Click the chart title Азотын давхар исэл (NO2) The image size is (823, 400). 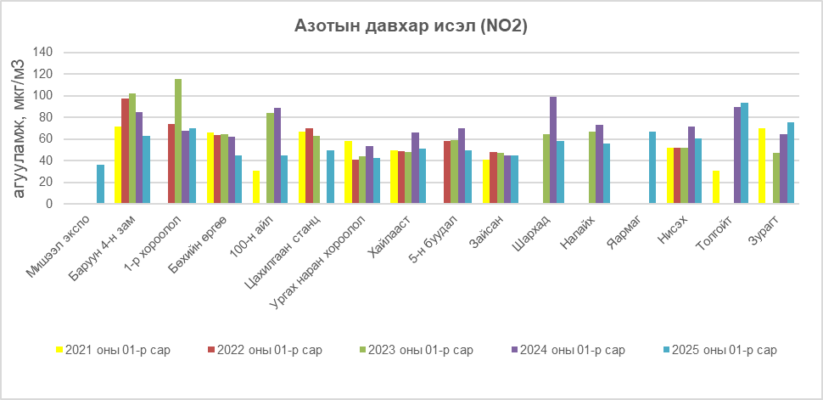point(411,26)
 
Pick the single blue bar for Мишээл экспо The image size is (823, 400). point(100,184)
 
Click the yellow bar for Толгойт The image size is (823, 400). point(716,188)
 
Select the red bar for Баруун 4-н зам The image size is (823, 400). point(126,151)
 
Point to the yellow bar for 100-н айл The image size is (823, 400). point(256,188)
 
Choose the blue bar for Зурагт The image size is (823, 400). point(790,163)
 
